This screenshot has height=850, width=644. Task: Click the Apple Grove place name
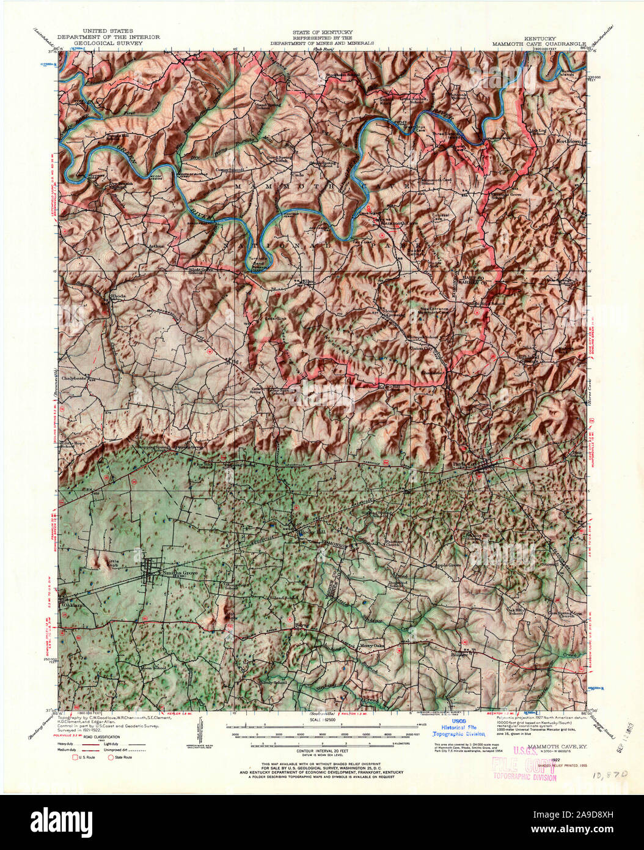[x=447, y=565]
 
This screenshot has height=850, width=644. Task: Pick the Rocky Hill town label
[x=310, y=532]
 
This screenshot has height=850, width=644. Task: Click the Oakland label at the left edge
[x=71, y=605]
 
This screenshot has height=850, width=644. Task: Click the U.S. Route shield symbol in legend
[x=76, y=757]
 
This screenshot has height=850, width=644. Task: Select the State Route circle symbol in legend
[x=111, y=757]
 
